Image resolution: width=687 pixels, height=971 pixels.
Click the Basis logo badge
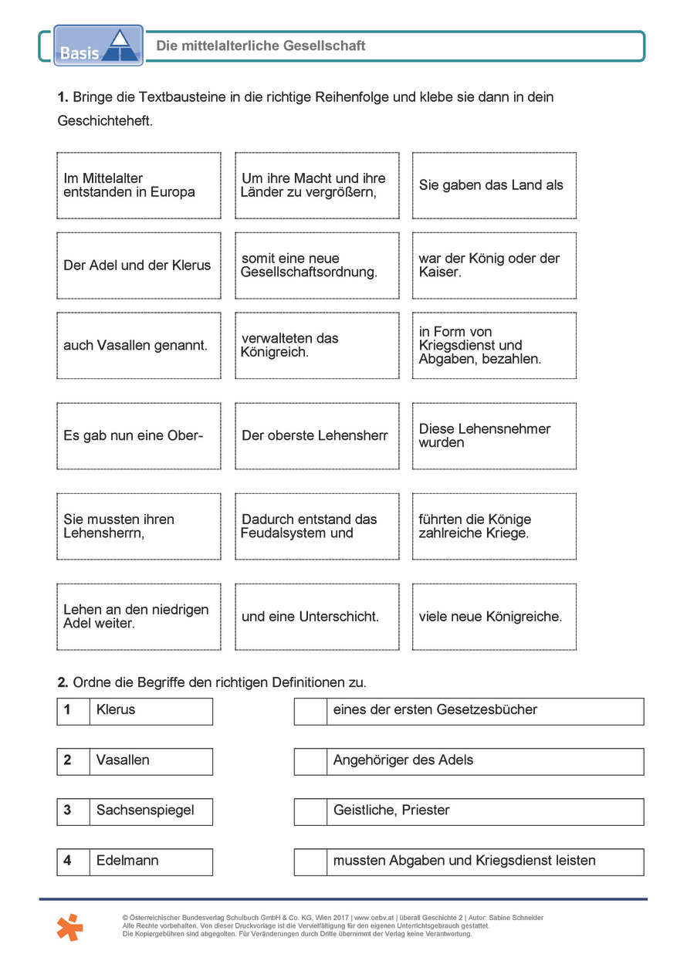point(98,46)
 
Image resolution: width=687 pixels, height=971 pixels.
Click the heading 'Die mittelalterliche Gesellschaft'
point(261,46)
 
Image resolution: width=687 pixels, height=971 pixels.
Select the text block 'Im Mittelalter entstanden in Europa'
point(139,185)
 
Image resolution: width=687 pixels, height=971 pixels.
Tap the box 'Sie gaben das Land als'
point(494,185)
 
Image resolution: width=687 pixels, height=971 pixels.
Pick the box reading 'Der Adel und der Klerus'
point(139,266)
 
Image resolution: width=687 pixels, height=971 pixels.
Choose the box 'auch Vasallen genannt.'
point(139,346)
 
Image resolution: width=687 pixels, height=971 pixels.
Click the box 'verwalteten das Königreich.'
point(316,346)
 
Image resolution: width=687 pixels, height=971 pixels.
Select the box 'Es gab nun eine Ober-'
point(139,435)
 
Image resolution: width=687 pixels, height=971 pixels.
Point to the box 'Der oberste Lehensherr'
point(316,435)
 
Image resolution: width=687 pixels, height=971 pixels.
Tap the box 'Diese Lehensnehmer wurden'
point(494,435)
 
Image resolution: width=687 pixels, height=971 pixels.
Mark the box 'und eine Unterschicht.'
point(316,617)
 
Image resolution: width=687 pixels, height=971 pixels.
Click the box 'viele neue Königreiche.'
point(494,617)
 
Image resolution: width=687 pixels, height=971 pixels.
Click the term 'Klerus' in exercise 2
point(116,710)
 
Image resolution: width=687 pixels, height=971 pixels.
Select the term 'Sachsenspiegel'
point(145,810)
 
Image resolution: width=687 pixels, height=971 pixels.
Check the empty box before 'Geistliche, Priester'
point(310,811)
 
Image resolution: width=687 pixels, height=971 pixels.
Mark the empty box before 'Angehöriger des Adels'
point(310,761)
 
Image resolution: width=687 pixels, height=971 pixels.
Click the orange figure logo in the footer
point(69,927)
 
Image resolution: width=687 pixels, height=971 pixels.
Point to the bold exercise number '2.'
point(63,682)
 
